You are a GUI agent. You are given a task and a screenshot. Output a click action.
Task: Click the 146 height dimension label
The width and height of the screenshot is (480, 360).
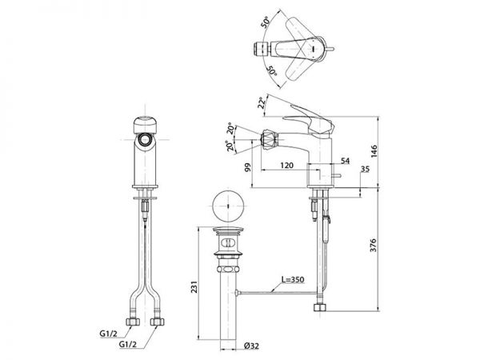click(x=374, y=151)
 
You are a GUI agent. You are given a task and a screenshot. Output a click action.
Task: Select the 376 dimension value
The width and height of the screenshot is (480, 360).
click(x=373, y=245)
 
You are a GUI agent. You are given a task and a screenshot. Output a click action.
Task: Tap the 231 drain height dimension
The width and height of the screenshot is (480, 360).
click(x=194, y=286)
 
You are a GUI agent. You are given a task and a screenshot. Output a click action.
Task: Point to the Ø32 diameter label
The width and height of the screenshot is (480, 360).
click(x=252, y=346)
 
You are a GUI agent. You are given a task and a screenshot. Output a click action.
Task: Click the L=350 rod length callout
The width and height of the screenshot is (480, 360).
click(x=293, y=279)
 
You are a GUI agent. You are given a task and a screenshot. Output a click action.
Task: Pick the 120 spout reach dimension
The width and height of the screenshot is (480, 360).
click(x=287, y=166)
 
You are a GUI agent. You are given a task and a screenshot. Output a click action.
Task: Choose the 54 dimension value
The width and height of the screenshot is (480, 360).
click(x=345, y=161)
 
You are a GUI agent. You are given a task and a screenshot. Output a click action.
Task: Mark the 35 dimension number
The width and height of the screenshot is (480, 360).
click(x=365, y=169)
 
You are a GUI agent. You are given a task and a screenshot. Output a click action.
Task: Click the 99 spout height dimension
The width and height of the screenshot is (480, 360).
click(x=248, y=167)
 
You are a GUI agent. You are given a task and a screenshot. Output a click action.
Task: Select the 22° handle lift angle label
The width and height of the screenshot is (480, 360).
click(x=262, y=102)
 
